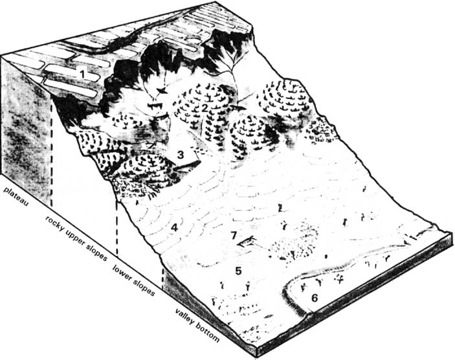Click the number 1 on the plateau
83,74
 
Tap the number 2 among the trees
205,108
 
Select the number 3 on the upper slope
181,155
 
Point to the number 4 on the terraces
174,227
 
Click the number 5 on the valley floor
238,271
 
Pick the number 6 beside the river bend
315,298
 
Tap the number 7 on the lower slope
234,235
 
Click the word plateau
16,197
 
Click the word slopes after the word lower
144,286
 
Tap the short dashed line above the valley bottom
162,280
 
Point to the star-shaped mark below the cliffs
162,91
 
